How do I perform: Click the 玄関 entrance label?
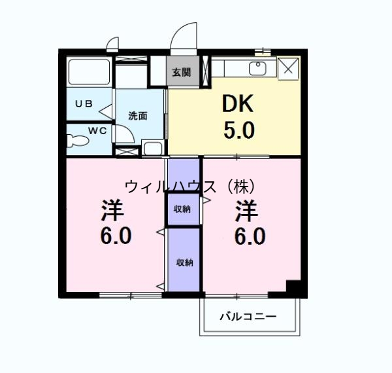tap(182, 72)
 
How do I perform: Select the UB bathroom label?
tap(82, 103)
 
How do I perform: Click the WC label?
tap(97, 130)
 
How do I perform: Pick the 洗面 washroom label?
tap(137, 116)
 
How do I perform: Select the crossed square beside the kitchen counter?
tap(288, 67)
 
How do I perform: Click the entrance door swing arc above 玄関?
tap(186, 37)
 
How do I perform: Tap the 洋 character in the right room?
tap(247, 211)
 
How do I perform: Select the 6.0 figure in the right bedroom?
tap(250, 236)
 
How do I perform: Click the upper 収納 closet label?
tap(183, 209)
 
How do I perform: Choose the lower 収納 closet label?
tap(184, 262)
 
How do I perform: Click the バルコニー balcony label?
tap(248, 316)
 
